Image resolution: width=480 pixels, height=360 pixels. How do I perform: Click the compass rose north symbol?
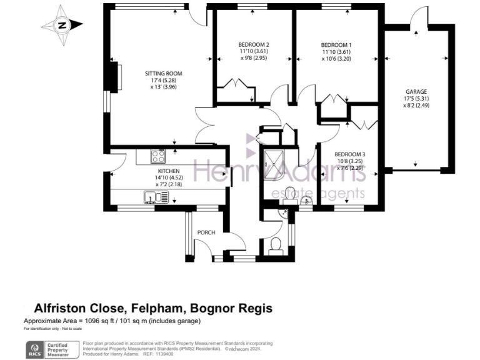click(x=62, y=26)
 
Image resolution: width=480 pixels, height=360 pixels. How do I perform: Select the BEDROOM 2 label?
click(x=254, y=44)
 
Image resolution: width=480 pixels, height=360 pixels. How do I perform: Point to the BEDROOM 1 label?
click(x=336, y=44)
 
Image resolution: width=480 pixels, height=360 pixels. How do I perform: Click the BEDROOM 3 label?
click(x=349, y=154)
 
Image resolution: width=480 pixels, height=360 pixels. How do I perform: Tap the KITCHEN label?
click(x=168, y=171)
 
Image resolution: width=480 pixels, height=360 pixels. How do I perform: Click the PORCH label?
click(x=206, y=232)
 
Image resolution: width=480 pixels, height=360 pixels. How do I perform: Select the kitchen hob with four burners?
click(x=157, y=156)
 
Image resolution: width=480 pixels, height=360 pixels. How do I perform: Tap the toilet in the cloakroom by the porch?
click(x=275, y=245)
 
